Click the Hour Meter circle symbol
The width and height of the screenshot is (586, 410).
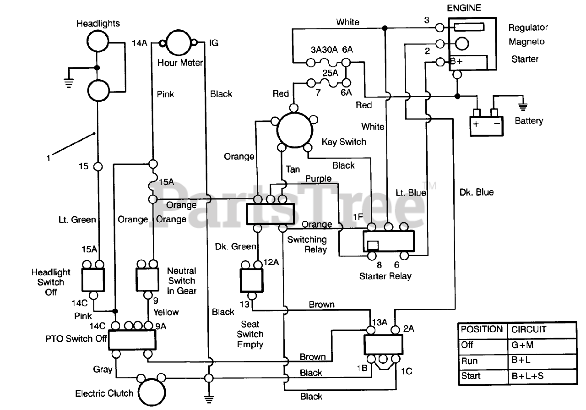pos(179,43)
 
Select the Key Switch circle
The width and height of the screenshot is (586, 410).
pos(294,128)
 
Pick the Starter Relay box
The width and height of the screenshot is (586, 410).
pos(388,241)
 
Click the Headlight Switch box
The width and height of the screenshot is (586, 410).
pos(93,279)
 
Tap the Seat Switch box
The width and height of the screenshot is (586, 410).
pos(251,280)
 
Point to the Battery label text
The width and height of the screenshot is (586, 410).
pos(529,121)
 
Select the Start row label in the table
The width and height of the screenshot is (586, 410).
pos(472,376)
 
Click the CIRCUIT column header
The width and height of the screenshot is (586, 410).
pos(529,329)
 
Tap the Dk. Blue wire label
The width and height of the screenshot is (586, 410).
pos(477,192)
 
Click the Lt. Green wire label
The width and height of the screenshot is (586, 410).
pos(77,219)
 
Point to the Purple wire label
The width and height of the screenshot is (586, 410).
pos(319,179)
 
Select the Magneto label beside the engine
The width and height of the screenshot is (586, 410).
pos(526,42)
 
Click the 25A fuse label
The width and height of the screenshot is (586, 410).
pos(331,73)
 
